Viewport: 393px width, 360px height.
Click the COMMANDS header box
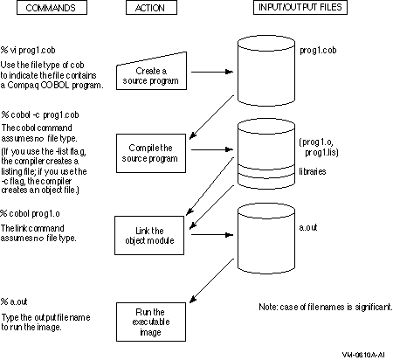pyautogui.click(x=52, y=8)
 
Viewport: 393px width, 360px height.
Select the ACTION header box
pyautogui.click(x=151, y=8)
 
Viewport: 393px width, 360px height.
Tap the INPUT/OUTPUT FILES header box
pyautogui.click(x=300, y=7)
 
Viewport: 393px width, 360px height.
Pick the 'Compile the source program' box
pyautogui.click(x=151, y=153)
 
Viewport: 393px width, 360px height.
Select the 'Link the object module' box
pyautogui.click(x=149, y=235)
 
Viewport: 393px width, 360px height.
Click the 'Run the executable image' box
pyautogui.click(x=151, y=322)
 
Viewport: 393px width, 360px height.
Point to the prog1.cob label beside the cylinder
pyautogui.click(x=318, y=51)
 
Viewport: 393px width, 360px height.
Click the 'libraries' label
pyautogui.click(x=313, y=171)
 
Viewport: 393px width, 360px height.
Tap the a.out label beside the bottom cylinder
pyautogui.click(x=308, y=227)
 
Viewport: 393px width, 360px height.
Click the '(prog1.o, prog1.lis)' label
pyautogui.click(x=319, y=147)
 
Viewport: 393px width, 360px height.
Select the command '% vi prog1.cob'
pyautogui.click(x=28, y=51)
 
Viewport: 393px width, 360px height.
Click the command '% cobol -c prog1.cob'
pyautogui.click(x=40, y=114)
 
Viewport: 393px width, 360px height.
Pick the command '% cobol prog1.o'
pyautogui.click(x=30, y=214)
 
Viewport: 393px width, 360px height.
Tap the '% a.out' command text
pyautogui.click(x=14, y=301)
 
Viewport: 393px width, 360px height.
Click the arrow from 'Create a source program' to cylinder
pyautogui.click(x=212, y=72)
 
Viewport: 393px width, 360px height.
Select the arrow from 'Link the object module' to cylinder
pyautogui.click(x=212, y=234)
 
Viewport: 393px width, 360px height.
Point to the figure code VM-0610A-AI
pyautogui.click(x=363, y=355)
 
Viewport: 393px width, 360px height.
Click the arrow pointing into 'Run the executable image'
pyautogui.click(x=211, y=280)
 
